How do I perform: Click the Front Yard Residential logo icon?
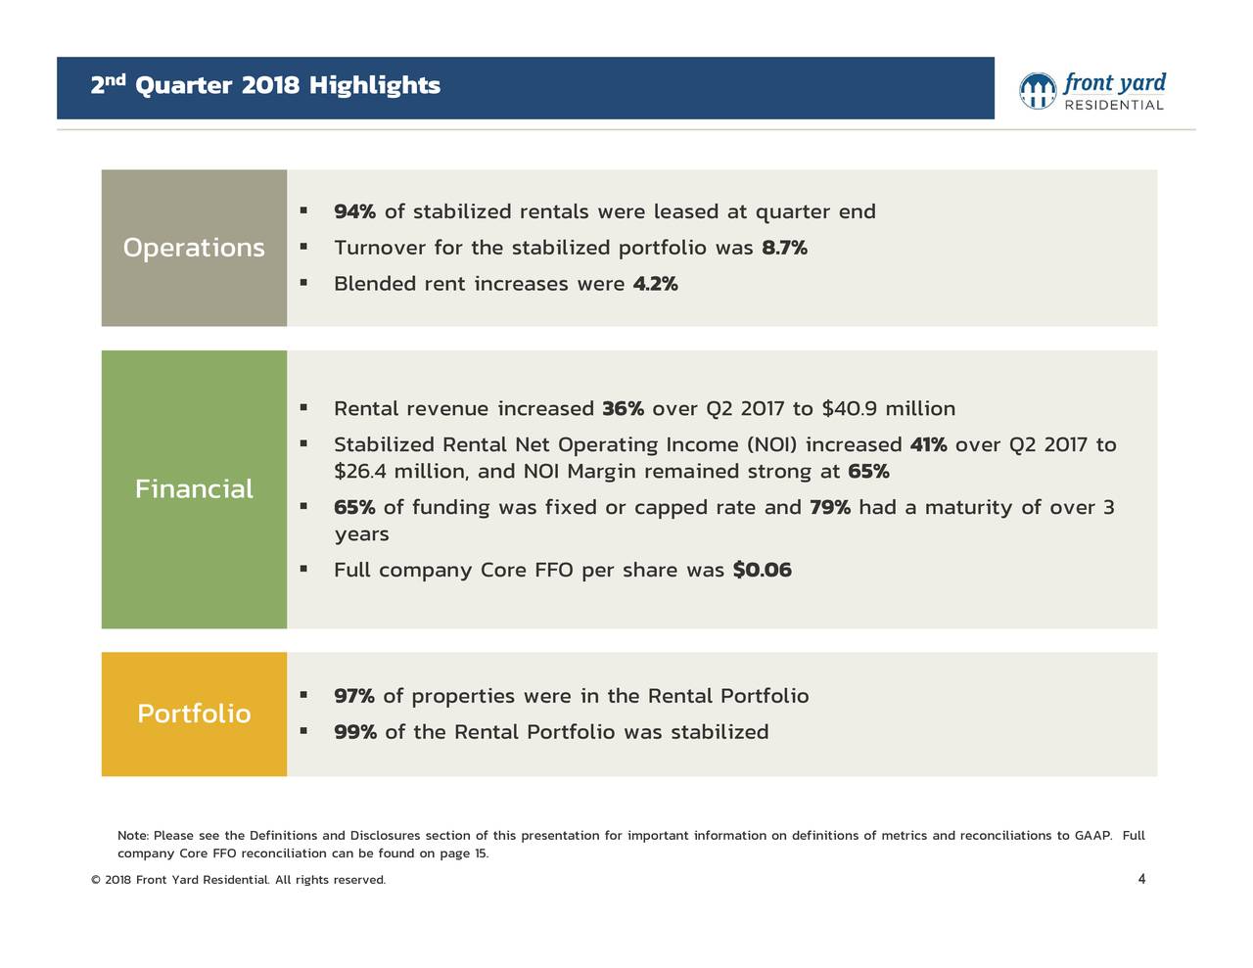coord(1038,91)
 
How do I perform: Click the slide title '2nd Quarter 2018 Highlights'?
coord(265,86)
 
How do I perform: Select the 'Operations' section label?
coord(194,248)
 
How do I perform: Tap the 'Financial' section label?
coord(194,488)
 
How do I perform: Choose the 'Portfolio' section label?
coord(194,714)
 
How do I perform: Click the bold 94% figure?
coord(354,212)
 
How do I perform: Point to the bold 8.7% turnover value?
coord(784,248)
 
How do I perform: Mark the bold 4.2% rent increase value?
coord(655,284)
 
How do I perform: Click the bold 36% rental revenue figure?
coord(623,408)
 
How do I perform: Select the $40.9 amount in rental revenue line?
coord(849,408)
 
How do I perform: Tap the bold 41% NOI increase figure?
coord(928,445)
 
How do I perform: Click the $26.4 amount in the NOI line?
coord(359,472)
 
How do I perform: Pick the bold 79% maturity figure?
coord(829,507)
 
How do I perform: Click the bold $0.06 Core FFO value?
coord(762,570)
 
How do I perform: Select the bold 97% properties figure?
coord(354,696)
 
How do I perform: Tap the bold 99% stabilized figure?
coord(354,732)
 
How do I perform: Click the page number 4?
coord(1141,879)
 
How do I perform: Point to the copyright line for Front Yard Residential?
coord(238,880)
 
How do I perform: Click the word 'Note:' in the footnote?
coord(133,836)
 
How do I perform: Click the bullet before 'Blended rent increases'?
coord(304,283)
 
